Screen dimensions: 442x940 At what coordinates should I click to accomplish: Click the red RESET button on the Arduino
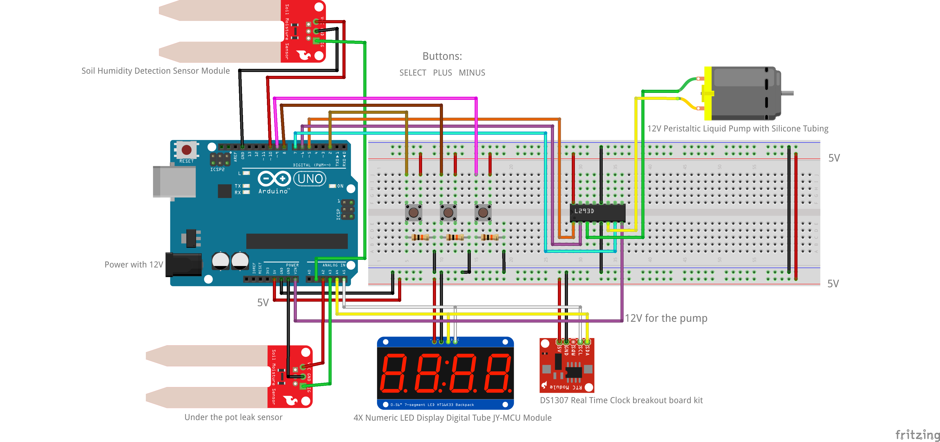click(x=187, y=149)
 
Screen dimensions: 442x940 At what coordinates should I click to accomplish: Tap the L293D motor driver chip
click(x=597, y=212)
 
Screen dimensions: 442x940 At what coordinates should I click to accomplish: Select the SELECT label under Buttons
click(x=413, y=73)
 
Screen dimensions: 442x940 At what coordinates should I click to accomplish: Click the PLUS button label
click(x=442, y=73)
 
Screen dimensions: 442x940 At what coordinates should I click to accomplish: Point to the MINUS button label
click(x=472, y=73)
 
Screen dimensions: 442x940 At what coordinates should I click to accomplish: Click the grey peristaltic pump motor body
click(x=744, y=93)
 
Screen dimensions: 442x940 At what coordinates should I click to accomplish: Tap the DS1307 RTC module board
click(x=567, y=365)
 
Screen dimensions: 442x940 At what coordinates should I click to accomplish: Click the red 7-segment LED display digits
click(x=445, y=373)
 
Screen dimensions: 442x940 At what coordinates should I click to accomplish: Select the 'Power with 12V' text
click(x=133, y=264)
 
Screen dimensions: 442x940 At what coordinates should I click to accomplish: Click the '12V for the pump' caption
click(x=666, y=318)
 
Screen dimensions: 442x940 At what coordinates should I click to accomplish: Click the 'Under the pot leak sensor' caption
click(x=233, y=417)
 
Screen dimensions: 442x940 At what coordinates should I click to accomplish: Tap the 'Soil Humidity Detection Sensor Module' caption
click(x=155, y=71)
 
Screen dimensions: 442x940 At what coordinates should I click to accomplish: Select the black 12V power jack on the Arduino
click(x=183, y=264)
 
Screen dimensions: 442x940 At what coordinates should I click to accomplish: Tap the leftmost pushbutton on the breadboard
click(x=413, y=212)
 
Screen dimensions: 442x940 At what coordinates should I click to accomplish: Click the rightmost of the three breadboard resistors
click(x=490, y=237)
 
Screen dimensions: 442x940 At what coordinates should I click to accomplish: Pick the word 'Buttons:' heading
click(x=442, y=56)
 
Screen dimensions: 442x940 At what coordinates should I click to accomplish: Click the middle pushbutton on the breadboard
click(x=448, y=212)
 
